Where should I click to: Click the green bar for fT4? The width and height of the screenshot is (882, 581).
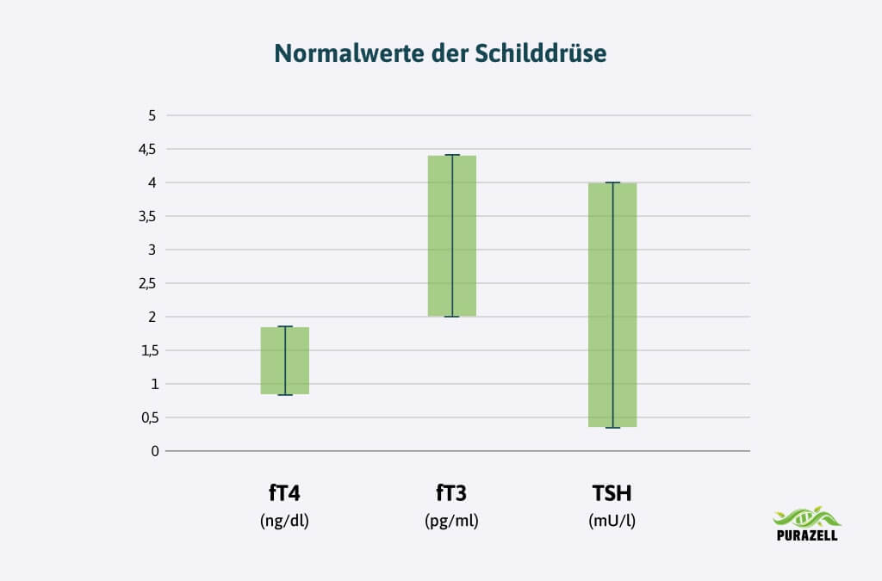click(285, 361)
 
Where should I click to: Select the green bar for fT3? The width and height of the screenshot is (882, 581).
click(452, 236)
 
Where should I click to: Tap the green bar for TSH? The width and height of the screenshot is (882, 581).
click(612, 305)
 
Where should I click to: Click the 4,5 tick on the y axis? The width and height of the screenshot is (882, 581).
click(149, 149)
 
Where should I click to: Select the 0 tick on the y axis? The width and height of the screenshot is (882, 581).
click(155, 451)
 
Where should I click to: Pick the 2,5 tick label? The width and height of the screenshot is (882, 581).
click(149, 283)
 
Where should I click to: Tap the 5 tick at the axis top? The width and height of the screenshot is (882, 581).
click(153, 115)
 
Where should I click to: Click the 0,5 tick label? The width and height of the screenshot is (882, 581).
click(149, 417)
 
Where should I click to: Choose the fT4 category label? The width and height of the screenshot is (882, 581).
click(284, 494)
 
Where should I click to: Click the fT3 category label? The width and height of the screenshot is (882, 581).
click(451, 494)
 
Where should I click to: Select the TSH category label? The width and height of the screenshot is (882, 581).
click(612, 494)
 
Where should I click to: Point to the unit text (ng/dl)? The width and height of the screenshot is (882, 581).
click(284, 521)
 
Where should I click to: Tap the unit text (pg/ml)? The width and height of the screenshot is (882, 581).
click(451, 521)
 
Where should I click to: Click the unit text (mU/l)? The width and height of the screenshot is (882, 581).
click(612, 521)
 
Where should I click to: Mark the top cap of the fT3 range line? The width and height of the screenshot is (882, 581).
click(452, 155)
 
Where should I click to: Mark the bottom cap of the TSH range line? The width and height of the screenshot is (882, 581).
click(612, 427)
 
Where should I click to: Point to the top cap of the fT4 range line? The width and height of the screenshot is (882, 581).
click(285, 326)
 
